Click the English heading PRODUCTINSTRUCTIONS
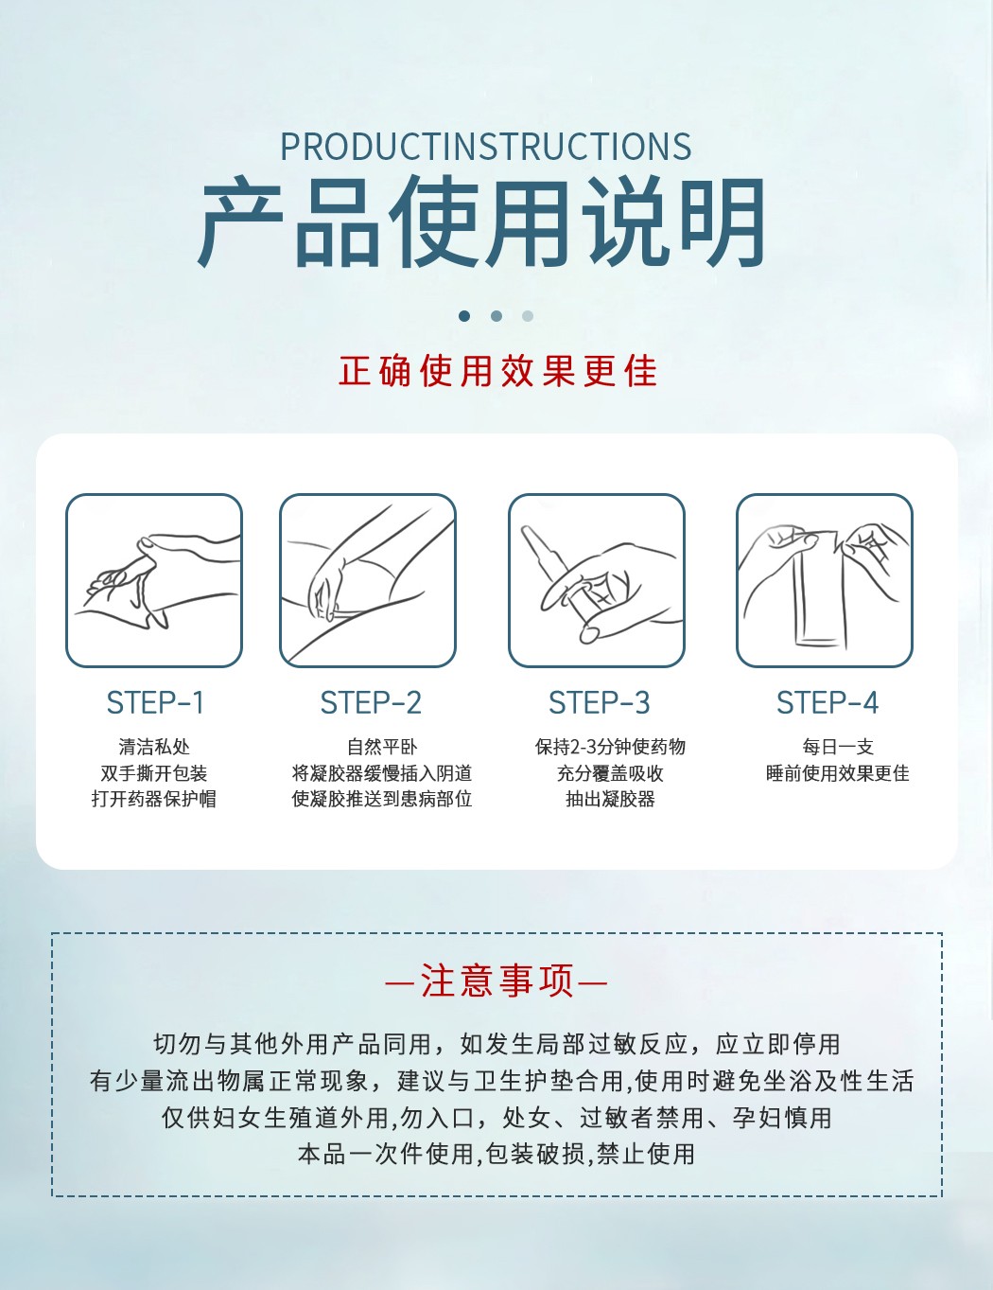[x=486, y=146]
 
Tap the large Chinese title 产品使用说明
[x=481, y=221]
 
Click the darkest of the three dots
[x=464, y=316]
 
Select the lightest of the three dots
[x=528, y=316]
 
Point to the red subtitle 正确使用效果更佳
[x=497, y=371]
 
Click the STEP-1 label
[x=155, y=703]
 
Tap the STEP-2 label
[x=371, y=703]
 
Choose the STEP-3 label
[x=600, y=703]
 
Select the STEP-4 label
[x=827, y=703]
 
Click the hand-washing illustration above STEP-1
[x=154, y=580]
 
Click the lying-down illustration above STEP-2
[x=368, y=580]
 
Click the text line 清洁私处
[x=154, y=747]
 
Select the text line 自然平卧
[x=382, y=747]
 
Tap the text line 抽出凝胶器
[x=610, y=799]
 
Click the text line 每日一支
[x=838, y=747]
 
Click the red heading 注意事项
[x=497, y=981]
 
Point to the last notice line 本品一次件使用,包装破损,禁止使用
[x=496, y=1155]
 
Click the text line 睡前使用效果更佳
[x=838, y=773]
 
